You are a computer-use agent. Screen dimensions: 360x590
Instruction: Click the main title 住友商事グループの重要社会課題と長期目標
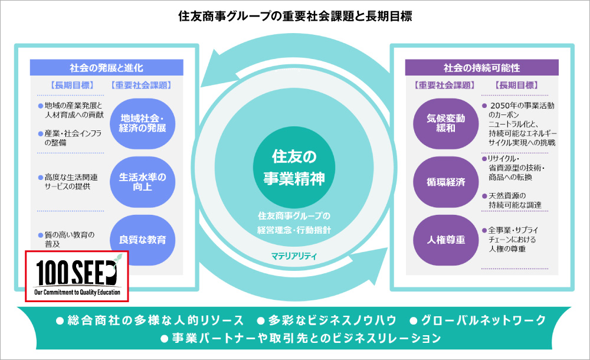[x=295, y=16]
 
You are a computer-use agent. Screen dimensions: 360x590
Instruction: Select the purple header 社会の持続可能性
[x=481, y=67]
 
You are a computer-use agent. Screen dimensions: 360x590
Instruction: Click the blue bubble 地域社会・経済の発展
[x=143, y=122]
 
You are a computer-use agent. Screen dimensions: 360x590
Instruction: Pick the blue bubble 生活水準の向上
[x=143, y=181]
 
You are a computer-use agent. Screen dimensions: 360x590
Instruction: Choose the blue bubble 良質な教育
[x=143, y=240]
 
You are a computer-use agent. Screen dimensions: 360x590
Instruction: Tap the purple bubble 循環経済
[x=446, y=182]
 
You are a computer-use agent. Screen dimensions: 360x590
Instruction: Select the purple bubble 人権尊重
[x=446, y=240]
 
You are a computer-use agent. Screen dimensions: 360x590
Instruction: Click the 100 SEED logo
[x=77, y=276]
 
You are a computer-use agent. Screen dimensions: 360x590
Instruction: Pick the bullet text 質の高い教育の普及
[x=69, y=239]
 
